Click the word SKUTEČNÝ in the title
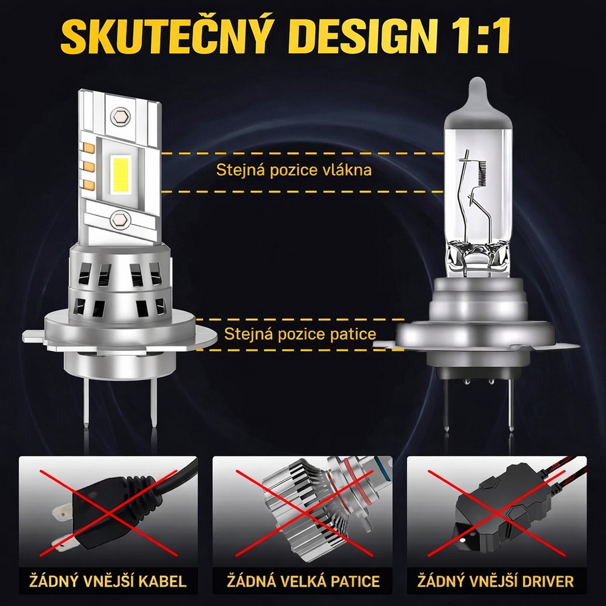pyautogui.click(x=164, y=35)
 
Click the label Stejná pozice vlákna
pyautogui.click(x=294, y=170)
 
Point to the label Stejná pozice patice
pyautogui.click(x=300, y=334)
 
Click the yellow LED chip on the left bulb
pyautogui.click(x=122, y=173)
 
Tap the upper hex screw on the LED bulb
pyautogui.click(x=120, y=116)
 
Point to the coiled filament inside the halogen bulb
pyautogui.click(x=481, y=171)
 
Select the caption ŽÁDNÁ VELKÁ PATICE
pyautogui.click(x=303, y=581)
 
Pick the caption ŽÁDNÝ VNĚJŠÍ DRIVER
pyautogui.click(x=496, y=581)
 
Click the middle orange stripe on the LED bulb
pyautogui.click(x=89, y=167)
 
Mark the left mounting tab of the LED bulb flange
pyautogui.click(x=34, y=336)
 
